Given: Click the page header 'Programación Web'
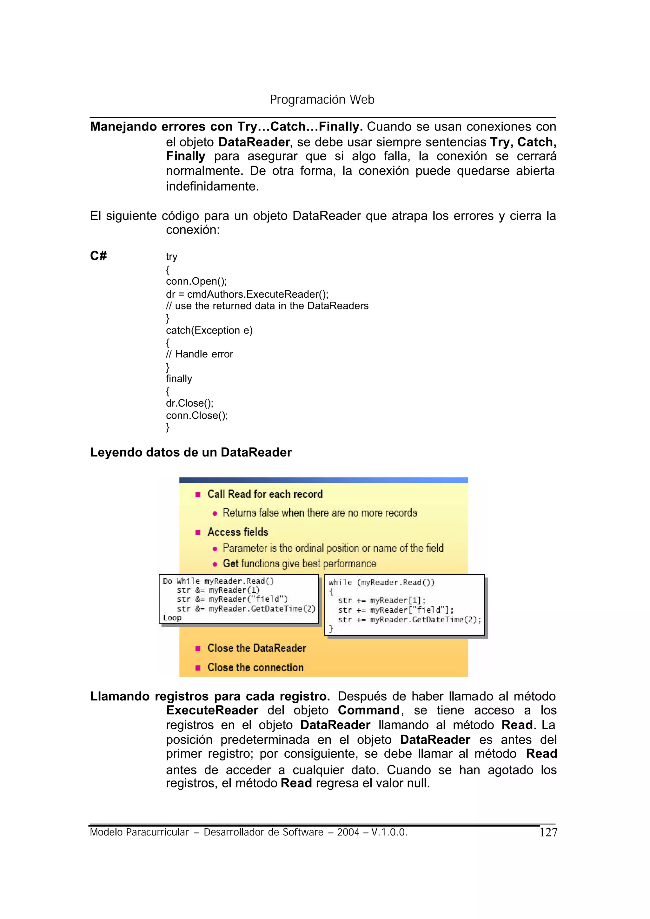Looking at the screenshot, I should (322, 99).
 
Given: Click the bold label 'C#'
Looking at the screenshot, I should (98, 256).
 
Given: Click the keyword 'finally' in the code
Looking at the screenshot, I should (179, 379).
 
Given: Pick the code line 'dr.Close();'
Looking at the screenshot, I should (190, 403).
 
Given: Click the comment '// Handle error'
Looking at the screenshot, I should (199, 354).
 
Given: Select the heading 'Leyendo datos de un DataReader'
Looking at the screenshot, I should (191, 452).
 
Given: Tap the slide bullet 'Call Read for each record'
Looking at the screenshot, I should (265, 494).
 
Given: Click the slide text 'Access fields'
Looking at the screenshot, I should (238, 532).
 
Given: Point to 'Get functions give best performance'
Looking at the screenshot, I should (299, 564).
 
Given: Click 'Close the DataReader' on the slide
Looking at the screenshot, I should (256, 648).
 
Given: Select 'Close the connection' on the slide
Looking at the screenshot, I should (255, 667).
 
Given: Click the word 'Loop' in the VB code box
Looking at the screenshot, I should (172, 618).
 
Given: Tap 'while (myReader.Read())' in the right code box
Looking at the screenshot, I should (381, 583).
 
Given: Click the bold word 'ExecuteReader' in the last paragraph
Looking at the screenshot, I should (212, 710).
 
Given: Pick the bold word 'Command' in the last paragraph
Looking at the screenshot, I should (368, 710).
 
